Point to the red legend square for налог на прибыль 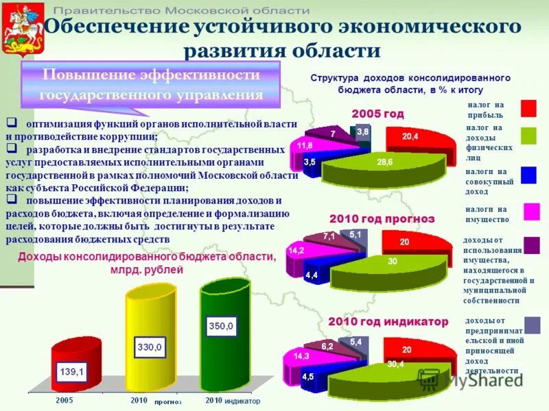tap(528, 109)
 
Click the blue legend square tap(528, 175)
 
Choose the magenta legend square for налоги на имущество tap(531, 211)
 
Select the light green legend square tap(528, 136)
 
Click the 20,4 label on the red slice tap(410, 137)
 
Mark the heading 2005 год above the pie tap(377, 114)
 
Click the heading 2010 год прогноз tap(382, 219)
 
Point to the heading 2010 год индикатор tap(388, 321)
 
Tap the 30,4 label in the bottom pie tap(395, 364)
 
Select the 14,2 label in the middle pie tap(296, 251)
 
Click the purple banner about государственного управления tap(152, 84)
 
